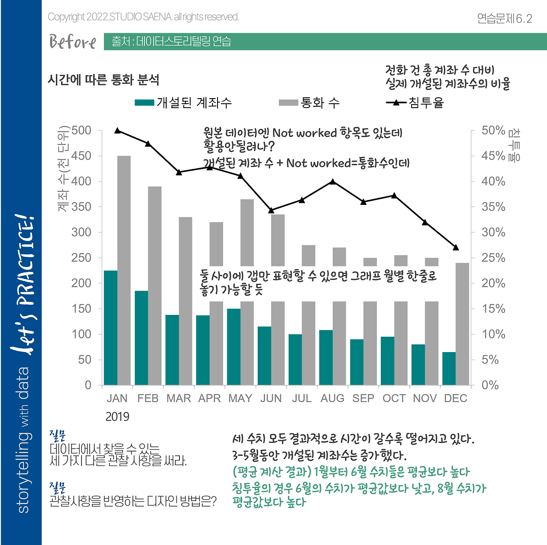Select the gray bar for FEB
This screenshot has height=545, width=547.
click(x=155, y=286)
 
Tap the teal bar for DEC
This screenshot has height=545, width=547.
click(x=449, y=369)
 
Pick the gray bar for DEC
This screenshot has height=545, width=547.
click(x=462, y=324)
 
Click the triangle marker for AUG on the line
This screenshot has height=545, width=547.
click(x=332, y=182)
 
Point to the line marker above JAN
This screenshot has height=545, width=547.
click(x=118, y=131)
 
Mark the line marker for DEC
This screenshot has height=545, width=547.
click(x=456, y=248)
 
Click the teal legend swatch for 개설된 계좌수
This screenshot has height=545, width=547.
click(x=144, y=102)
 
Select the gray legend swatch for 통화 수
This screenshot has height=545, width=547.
click(x=288, y=102)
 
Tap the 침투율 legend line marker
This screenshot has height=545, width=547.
click(x=396, y=102)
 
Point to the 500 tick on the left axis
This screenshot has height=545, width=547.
click(x=82, y=130)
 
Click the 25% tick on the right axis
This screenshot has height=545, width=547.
click(x=493, y=258)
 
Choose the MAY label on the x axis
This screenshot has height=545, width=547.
click(x=240, y=398)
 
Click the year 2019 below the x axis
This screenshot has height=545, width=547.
click(x=117, y=417)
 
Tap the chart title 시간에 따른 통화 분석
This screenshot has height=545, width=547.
click(x=103, y=80)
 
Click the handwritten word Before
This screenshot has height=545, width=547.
click(x=73, y=42)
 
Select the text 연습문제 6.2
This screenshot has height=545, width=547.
click(x=504, y=18)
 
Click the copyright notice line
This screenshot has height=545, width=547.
click(x=144, y=17)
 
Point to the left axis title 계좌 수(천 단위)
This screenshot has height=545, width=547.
click(x=63, y=169)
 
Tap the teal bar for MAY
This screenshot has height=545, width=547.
click(x=234, y=347)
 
